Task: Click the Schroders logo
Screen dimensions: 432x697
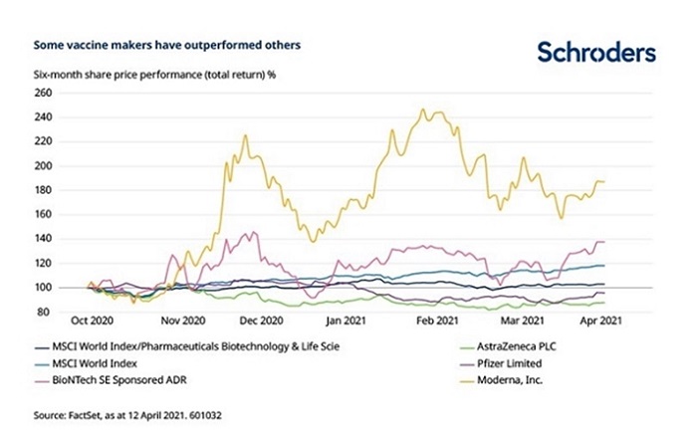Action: pyautogui.click(x=595, y=54)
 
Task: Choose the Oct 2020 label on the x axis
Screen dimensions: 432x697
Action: pyautogui.click(x=96, y=324)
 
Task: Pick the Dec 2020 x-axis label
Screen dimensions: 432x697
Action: pyautogui.click(x=261, y=324)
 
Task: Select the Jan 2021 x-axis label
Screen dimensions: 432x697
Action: pyautogui.click(x=348, y=324)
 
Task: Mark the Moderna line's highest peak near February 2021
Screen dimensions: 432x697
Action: pyautogui.click(x=423, y=109)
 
